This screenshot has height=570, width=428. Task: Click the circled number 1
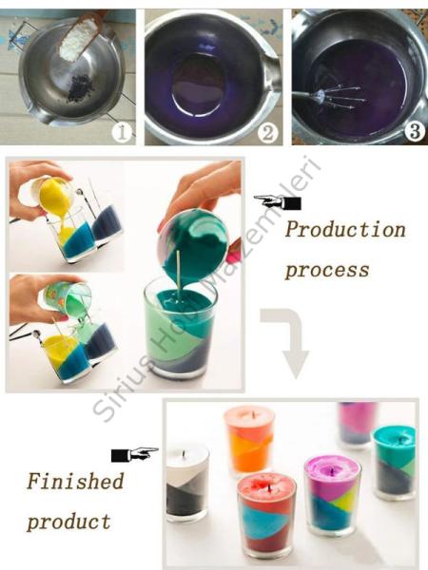pyautogui.click(x=123, y=133)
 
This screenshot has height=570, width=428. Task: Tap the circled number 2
pyautogui.click(x=268, y=133)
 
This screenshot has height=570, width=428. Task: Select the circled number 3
pyautogui.click(x=416, y=131)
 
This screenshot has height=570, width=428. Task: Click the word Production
pyautogui.click(x=345, y=229)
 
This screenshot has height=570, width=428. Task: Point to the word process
pyautogui.click(x=327, y=270)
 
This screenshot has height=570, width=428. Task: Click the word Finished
pyautogui.click(x=75, y=481)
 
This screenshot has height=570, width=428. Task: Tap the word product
pyautogui.click(x=68, y=522)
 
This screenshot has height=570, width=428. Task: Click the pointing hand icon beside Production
pyautogui.click(x=278, y=202)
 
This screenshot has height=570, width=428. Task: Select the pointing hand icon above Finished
pyautogui.click(x=135, y=454)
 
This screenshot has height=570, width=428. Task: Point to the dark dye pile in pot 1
pyautogui.click(x=79, y=88)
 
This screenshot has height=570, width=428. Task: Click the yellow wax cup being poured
pyautogui.click(x=51, y=195)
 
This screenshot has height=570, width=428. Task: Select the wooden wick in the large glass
pyautogui.click(x=179, y=275)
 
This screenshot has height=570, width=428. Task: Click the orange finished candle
pyautogui.click(x=249, y=440)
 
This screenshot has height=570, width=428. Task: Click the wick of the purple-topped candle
pyautogui.click(x=332, y=471)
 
